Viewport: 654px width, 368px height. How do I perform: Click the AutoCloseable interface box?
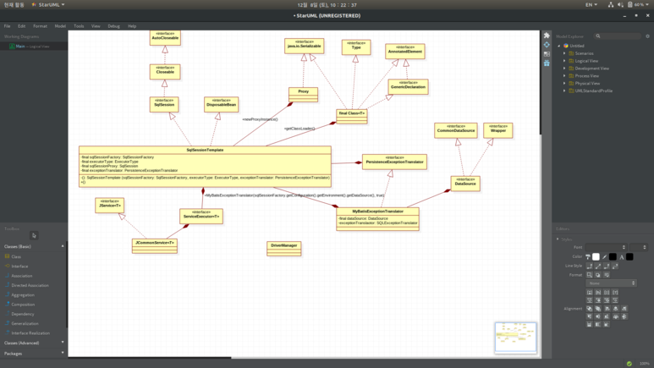click(165, 37)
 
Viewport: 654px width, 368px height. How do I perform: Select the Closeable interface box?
click(165, 72)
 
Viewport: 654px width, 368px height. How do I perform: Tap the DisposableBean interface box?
click(221, 104)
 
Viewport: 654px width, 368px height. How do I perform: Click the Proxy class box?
click(303, 93)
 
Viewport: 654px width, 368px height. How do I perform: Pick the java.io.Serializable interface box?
click(304, 46)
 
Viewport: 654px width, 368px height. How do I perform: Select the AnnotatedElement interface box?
click(404, 51)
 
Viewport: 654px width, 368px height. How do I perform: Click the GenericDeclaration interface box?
click(409, 86)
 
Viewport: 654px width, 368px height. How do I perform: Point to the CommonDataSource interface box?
click(455, 129)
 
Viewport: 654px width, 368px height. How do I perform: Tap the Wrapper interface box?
click(497, 129)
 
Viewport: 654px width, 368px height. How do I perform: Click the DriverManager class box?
click(284, 247)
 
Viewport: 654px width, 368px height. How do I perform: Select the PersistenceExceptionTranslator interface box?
click(394, 161)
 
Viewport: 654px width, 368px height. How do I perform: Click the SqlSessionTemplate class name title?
click(205, 150)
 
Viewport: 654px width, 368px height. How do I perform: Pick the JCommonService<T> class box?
click(154, 244)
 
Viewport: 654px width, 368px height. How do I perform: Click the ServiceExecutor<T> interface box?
click(201, 216)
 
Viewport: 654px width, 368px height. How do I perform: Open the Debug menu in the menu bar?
click(113, 26)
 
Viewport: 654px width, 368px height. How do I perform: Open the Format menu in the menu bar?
click(40, 26)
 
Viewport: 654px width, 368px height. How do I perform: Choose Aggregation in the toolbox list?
click(23, 294)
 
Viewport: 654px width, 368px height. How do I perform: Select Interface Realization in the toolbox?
click(30, 332)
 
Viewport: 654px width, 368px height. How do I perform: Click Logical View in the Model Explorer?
click(586, 61)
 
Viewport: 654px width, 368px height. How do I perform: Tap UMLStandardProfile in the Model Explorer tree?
click(593, 91)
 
